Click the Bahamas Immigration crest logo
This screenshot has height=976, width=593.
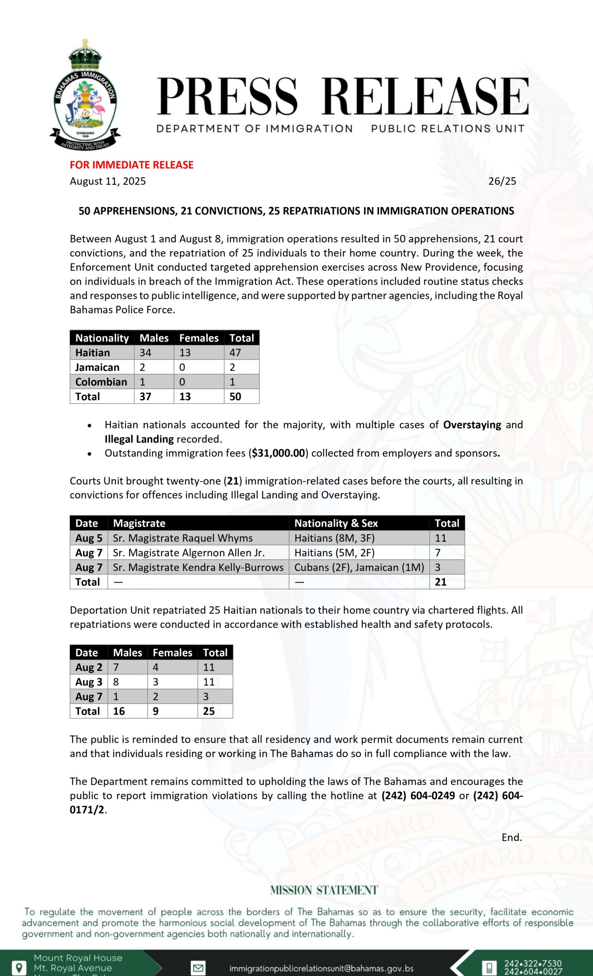pos(85,95)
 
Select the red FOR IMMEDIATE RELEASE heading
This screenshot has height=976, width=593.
pos(132,165)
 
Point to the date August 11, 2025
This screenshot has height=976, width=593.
pos(108,181)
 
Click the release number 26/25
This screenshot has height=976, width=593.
pos(502,181)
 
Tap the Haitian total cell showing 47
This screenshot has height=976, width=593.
pos(235,353)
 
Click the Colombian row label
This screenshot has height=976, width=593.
pos(102,382)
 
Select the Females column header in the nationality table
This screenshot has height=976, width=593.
pos(198,338)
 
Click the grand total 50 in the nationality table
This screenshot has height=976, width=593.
pos(235,396)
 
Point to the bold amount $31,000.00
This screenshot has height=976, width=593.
pos(279,453)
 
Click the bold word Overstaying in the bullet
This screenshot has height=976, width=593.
pos(472,425)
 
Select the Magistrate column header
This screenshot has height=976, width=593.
pos(139,523)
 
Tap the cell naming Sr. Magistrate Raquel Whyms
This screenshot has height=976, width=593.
pos(183,538)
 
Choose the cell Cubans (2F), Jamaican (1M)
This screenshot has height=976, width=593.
pos(359,567)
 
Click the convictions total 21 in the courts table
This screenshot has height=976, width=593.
pos(441,582)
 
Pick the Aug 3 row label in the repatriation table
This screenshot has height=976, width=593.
pos(89,682)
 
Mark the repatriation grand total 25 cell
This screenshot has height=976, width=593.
pos(209,711)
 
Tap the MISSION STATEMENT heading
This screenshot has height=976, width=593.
pos(324,891)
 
